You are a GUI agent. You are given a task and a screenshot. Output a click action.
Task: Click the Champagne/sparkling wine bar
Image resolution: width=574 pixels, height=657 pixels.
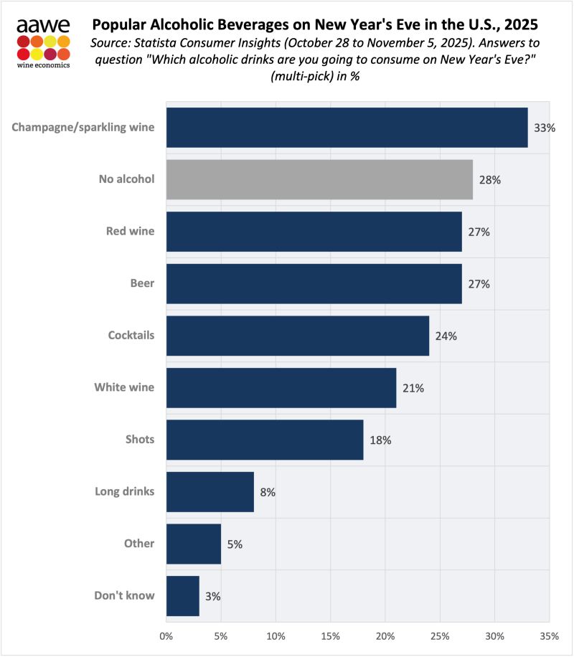tap(347, 128)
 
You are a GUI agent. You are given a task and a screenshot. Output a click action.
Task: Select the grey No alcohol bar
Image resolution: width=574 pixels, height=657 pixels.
tap(319, 179)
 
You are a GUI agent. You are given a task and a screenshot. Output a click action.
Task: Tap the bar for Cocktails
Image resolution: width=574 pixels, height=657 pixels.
tap(297, 335)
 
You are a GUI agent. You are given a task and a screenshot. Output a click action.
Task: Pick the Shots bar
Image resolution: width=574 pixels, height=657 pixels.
tap(265, 440)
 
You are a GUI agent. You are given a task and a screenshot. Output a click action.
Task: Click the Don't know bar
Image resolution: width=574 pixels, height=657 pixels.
tap(182, 595)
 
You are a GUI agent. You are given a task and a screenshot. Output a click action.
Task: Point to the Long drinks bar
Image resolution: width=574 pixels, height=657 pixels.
tap(210, 491)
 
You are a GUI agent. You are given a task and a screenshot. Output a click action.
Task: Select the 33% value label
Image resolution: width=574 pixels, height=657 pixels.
tap(544, 128)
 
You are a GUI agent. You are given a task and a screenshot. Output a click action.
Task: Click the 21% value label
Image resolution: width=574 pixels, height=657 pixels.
tap(413, 388)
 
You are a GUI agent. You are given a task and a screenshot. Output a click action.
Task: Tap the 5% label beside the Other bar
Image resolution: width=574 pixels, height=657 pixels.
tap(235, 544)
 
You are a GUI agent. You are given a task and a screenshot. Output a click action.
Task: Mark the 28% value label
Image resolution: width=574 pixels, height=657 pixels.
tap(489, 180)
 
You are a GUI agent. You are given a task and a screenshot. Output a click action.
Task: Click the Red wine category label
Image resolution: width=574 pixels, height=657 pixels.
tap(131, 232)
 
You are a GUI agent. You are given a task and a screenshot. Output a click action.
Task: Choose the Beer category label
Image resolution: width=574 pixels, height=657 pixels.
tap(143, 283)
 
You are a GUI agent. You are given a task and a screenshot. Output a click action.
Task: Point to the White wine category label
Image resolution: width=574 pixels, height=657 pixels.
tap(125, 387)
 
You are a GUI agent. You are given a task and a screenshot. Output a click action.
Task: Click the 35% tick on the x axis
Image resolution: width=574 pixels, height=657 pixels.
tap(549, 635)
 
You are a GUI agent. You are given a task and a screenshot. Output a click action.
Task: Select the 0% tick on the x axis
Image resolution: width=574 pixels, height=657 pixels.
tap(166, 635)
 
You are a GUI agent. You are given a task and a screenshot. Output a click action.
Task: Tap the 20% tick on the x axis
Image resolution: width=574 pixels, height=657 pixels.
tap(385, 635)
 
